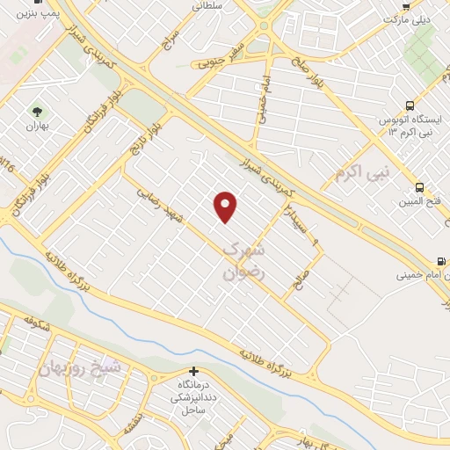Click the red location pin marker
[226, 207]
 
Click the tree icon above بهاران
[38, 112]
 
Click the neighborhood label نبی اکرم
[360, 171]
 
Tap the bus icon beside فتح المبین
[420, 187]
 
